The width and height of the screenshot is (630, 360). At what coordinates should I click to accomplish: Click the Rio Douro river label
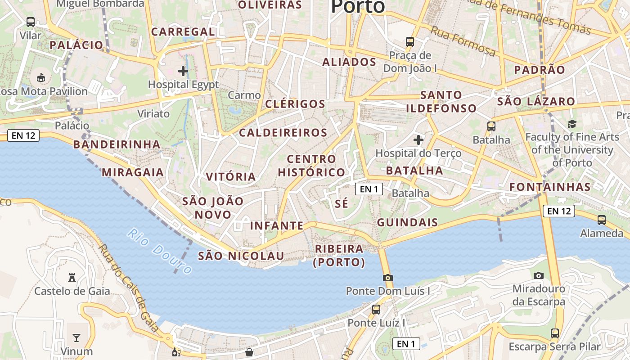pos(160,251)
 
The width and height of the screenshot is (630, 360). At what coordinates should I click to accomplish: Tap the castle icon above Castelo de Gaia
pos(72,277)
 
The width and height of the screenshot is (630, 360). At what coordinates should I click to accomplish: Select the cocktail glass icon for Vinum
pos(76,337)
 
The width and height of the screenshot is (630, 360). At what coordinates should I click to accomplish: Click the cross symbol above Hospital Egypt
pos(183,71)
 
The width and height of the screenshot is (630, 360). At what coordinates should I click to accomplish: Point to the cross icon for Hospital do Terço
pos(418,139)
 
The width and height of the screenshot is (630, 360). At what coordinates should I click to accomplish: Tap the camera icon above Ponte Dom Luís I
pos(388,278)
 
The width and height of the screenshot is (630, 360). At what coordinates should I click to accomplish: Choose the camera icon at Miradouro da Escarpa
pos(539,275)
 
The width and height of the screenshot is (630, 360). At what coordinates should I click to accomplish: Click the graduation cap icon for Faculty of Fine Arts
pos(572,124)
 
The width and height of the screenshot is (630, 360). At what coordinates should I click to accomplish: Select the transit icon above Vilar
pos(31,22)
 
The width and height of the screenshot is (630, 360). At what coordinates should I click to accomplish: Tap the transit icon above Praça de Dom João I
pos(410,42)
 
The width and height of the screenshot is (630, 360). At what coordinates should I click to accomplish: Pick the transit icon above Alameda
pos(602,220)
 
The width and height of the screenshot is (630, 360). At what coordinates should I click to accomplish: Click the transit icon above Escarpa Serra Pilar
pos(555,333)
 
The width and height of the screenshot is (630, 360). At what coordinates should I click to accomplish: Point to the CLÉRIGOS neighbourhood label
pos(295,104)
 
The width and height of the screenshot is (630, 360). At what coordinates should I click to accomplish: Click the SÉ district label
pos(342,203)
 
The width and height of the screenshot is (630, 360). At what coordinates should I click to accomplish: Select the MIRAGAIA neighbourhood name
pos(133,172)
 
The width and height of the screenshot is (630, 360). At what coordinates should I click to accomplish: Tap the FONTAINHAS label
pos(550,187)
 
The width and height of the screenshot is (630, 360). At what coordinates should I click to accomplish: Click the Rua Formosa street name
pos(463,41)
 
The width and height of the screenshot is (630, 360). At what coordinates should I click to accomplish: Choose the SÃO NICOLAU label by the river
pos(241,256)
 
